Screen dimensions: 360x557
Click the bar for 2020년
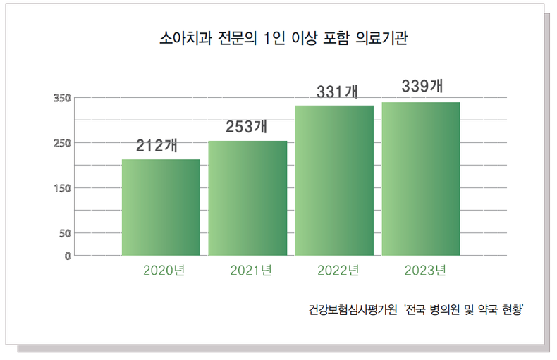pos(161,207)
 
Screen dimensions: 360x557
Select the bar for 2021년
pos(247,198)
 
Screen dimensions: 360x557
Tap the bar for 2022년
pos(334,180)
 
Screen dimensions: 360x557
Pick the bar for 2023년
pos(421,179)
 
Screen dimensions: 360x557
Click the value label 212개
pos(157,147)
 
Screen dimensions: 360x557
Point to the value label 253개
pos(246,128)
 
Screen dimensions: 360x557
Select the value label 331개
pos(337,92)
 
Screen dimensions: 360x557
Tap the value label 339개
pos(422,87)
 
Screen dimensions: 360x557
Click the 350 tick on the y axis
pos(62,98)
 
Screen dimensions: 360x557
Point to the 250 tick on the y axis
pos(62,143)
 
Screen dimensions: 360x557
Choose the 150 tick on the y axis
pos(62,188)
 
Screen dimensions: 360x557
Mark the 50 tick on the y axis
pos(65,233)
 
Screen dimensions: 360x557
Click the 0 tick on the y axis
pos(68,256)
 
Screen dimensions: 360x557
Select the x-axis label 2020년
pos(164,271)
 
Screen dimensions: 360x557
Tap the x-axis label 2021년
pos(251,271)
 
